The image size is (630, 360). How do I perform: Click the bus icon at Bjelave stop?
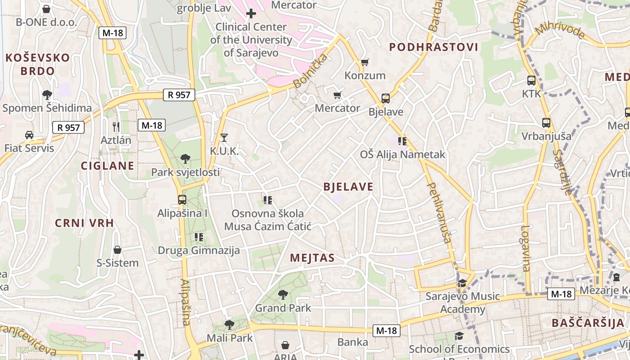[x=385, y=98]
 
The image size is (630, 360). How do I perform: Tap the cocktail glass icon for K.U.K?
[x=224, y=137]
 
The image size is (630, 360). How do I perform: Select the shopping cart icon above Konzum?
[x=364, y=62]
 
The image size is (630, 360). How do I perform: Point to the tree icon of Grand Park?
[x=283, y=295]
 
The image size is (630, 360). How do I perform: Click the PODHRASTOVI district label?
[x=433, y=47]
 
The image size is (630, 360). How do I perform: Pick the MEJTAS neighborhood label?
[x=312, y=258]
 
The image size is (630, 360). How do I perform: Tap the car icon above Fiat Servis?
[x=29, y=135]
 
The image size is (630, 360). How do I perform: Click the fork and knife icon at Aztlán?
[x=116, y=126]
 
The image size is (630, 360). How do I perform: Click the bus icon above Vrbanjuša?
[x=546, y=122]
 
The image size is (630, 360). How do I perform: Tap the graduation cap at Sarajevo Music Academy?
[x=462, y=283]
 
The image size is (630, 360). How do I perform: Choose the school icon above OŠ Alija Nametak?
[x=402, y=141]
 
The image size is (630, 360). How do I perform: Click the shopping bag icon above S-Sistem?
[x=117, y=249]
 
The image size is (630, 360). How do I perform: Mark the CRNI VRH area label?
[x=84, y=223]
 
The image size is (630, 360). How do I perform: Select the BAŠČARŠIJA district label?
[x=588, y=323]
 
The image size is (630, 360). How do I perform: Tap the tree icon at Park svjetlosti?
[x=185, y=158]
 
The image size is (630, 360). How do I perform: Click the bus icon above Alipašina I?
[x=182, y=199]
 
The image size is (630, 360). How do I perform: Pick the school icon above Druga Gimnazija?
[x=198, y=237]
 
